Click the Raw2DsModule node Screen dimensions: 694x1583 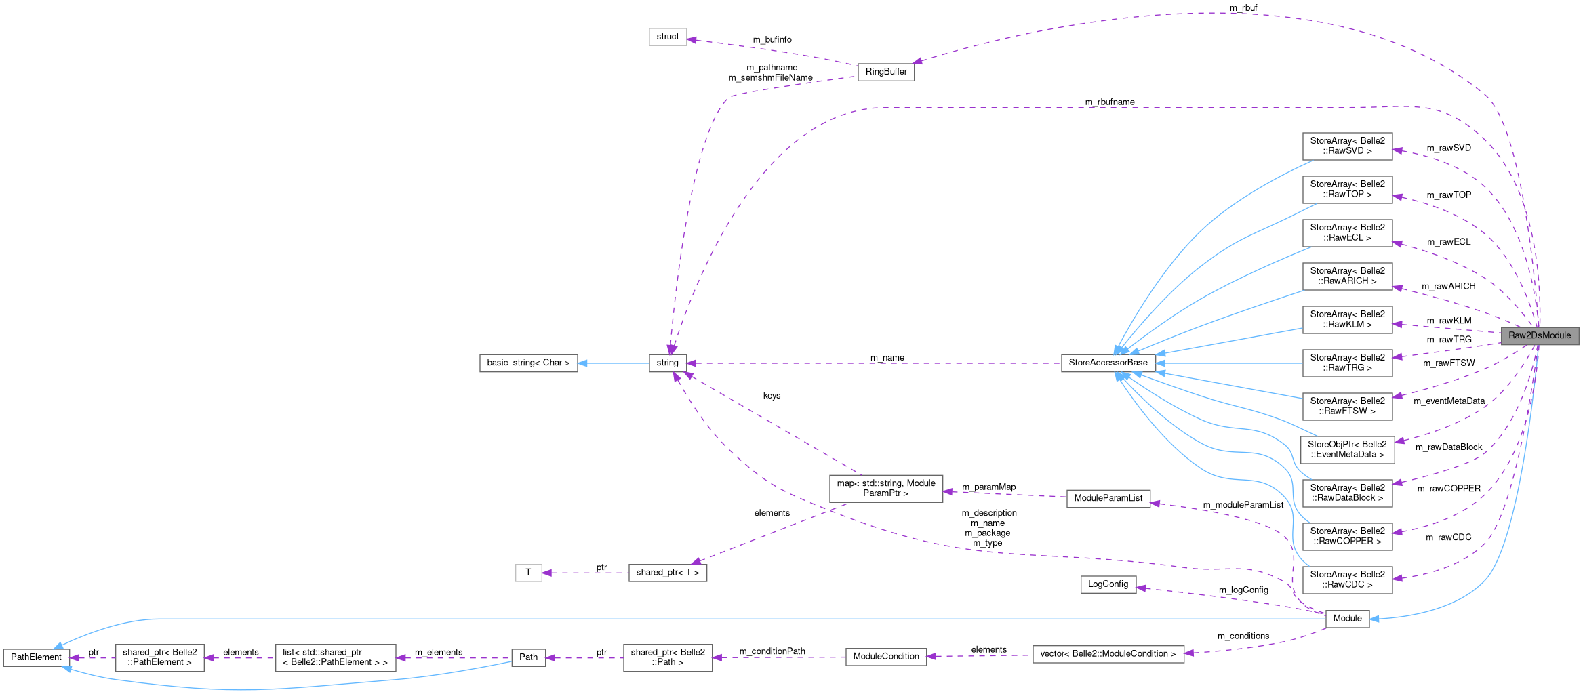[x=1539, y=335]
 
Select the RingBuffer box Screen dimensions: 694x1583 [x=885, y=72]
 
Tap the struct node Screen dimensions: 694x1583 [x=667, y=37]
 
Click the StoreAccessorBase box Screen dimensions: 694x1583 [x=1108, y=363]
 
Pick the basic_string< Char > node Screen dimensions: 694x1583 [x=528, y=363]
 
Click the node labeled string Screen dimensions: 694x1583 [x=667, y=363]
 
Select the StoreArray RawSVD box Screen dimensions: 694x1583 [x=1347, y=146]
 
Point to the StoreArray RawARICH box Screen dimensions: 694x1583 [x=1347, y=276]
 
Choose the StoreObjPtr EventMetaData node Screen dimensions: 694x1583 [x=1347, y=449]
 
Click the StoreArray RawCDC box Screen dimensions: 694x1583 [x=1347, y=579]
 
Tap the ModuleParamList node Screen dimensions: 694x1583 [x=1108, y=498]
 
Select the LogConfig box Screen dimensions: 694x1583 [x=1108, y=584]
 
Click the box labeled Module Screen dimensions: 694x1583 [x=1347, y=618]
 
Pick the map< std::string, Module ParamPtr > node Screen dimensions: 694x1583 [x=885, y=488]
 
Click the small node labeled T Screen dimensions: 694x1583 [x=528, y=573]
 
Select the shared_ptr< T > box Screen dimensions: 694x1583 [x=667, y=573]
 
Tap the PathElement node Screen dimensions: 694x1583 [x=36, y=657]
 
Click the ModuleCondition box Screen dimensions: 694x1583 [x=885, y=656]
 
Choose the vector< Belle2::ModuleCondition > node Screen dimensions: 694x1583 [x=1108, y=654]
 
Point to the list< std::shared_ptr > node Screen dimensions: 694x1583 [x=335, y=657]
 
